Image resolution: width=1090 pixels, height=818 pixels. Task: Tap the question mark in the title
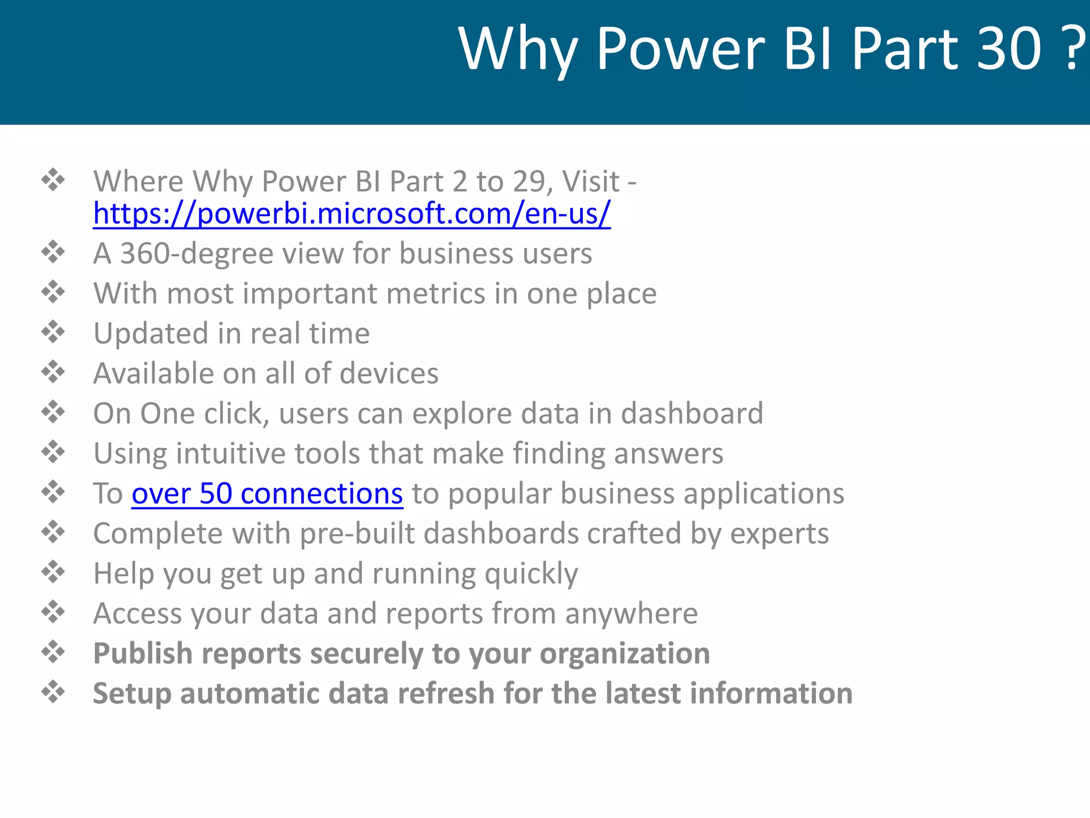coord(1076,49)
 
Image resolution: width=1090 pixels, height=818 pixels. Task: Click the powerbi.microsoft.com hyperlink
coord(351,214)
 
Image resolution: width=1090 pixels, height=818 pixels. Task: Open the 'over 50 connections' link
coord(267,494)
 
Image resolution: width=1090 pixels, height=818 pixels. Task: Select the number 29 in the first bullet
coord(529,182)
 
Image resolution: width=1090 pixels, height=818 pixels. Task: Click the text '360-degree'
coord(196,253)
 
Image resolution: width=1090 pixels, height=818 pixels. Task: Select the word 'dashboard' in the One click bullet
coord(692,414)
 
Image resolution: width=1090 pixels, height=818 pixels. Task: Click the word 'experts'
coord(779,534)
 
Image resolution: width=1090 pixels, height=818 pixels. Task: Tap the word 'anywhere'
coord(631,613)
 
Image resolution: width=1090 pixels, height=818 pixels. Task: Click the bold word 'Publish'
coord(143,654)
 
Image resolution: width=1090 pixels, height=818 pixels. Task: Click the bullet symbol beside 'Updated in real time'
coord(53,332)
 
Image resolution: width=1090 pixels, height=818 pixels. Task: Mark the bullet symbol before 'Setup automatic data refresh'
coord(53,692)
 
